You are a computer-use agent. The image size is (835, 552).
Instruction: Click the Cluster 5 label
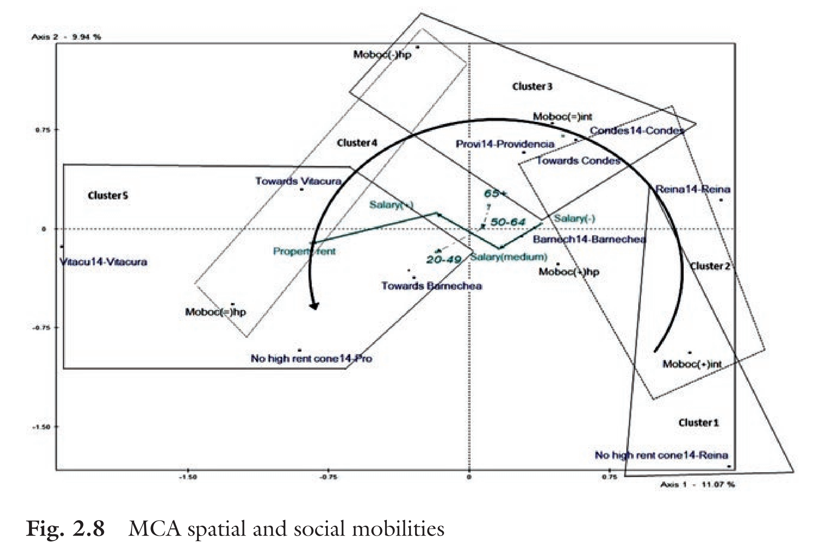tap(108, 196)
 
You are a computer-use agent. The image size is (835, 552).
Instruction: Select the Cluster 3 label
tap(532, 86)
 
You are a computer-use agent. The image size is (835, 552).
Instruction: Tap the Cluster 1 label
tap(699, 423)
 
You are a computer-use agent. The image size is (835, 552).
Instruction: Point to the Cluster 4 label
tap(357, 143)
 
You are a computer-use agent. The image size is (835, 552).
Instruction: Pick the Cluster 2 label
tap(710, 266)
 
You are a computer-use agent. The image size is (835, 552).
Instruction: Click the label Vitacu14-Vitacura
tap(104, 262)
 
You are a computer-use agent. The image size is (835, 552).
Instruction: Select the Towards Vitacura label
tap(298, 181)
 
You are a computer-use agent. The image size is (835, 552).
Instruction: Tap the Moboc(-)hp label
tap(382, 55)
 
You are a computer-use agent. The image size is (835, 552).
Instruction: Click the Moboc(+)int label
tap(692, 364)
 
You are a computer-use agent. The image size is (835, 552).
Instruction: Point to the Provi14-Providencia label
tap(505, 144)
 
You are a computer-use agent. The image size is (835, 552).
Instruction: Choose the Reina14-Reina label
tap(693, 189)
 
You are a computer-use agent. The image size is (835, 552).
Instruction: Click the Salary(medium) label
tap(508, 257)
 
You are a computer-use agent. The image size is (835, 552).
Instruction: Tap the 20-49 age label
tap(444, 259)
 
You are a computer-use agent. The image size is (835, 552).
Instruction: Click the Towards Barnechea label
tap(431, 286)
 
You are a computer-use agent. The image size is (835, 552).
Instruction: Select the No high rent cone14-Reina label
tap(661, 455)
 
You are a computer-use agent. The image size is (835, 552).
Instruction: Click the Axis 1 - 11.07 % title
tap(697, 485)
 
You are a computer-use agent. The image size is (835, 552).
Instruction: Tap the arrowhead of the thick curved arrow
tap(314, 306)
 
